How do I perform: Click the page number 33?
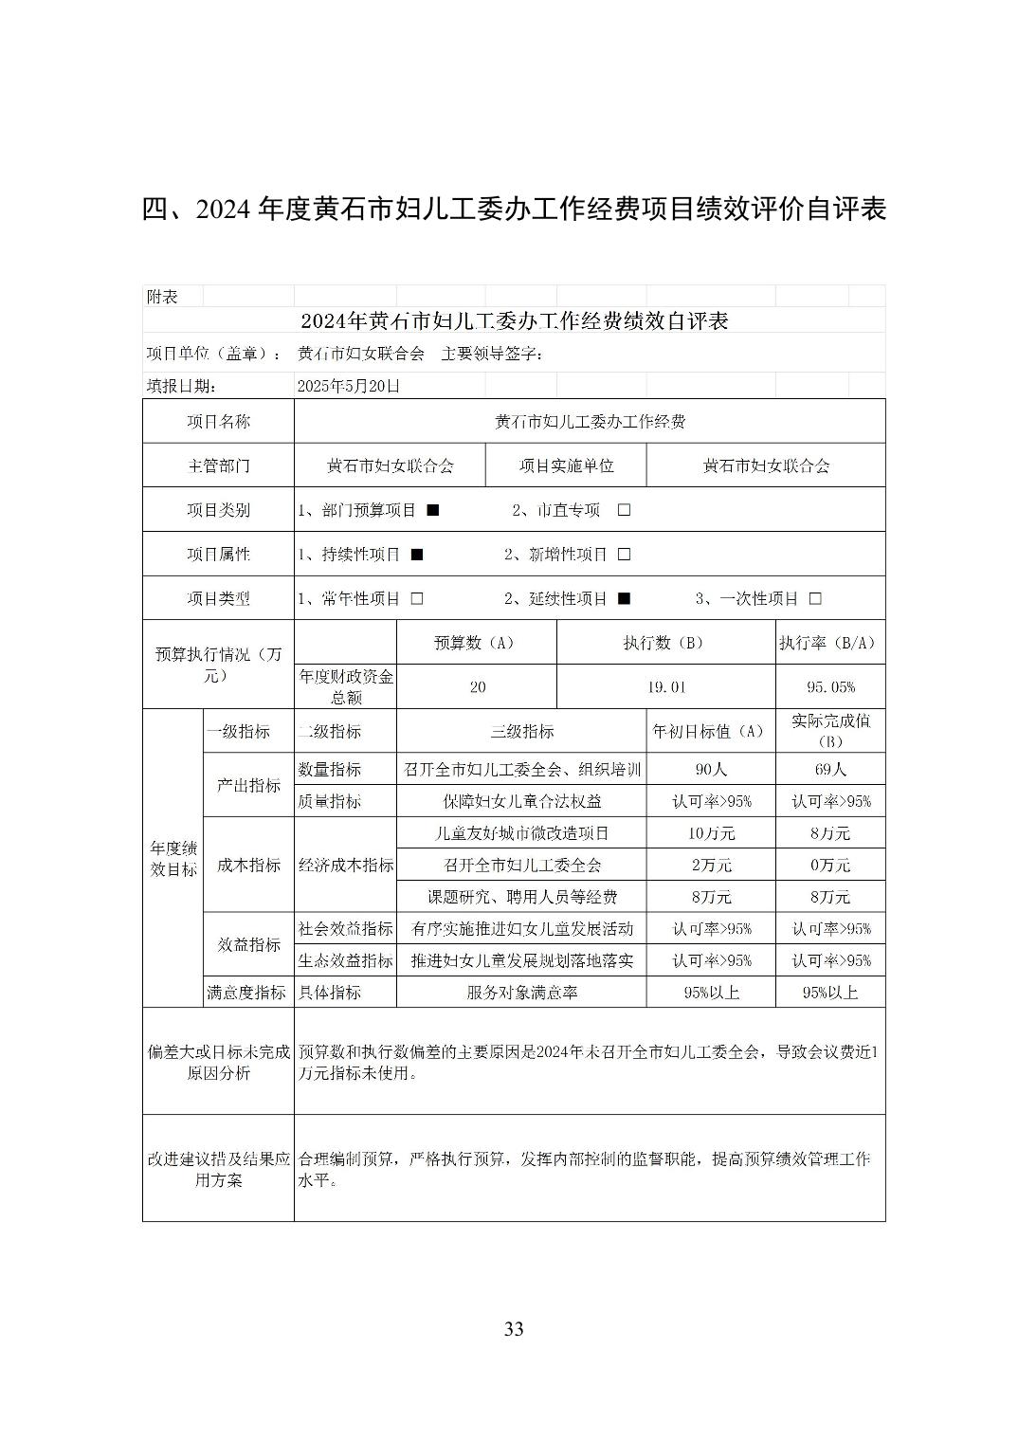pyautogui.click(x=514, y=1328)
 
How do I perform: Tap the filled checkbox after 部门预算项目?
pyautogui.click(x=432, y=510)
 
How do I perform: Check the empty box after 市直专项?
pyautogui.click(x=624, y=510)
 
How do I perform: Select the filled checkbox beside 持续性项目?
pyautogui.click(x=416, y=555)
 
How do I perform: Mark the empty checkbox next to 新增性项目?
pyautogui.click(x=624, y=555)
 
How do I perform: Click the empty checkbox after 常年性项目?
pyautogui.click(x=416, y=599)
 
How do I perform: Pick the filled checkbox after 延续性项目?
pyautogui.click(x=624, y=599)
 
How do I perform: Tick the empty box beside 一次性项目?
pyautogui.click(x=815, y=599)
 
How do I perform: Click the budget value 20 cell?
pyautogui.click(x=477, y=687)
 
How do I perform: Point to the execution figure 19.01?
pyautogui.click(x=666, y=687)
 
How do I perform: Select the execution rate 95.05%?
pyautogui.click(x=830, y=687)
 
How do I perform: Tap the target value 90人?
pyautogui.click(x=711, y=770)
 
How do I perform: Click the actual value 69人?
pyautogui.click(x=830, y=770)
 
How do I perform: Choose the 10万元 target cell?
pyautogui.click(x=711, y=833)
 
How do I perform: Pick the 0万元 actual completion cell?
pyautogui.click(x=830, y=866)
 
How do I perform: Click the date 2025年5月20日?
pyautogui.click(x=348, y=386)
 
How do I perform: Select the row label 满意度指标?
pyautogui.click(x=246, y=993)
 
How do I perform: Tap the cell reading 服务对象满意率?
pyautogui.click(x=521, y=993)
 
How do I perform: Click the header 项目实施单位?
pyautogui.click(x=566, y=465)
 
